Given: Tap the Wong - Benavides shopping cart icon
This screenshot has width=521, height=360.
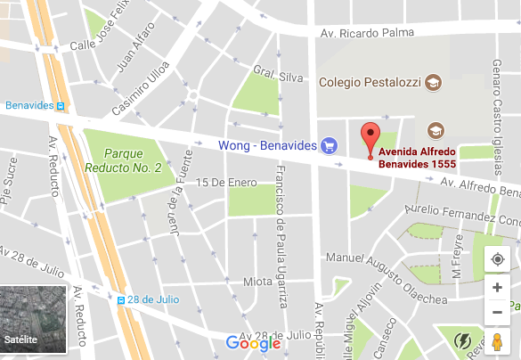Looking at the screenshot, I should click(x=329, y=144).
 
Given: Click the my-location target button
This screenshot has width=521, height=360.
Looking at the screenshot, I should click(x=497, y=259).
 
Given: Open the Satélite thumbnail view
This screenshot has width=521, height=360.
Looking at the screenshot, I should click(x=33, y=319).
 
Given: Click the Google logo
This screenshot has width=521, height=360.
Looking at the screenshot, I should click(x=253, y=343).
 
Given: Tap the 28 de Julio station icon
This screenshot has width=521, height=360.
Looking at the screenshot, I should click(x=120, y=300).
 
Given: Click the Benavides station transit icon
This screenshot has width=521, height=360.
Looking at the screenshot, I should click(x=61, y=105).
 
